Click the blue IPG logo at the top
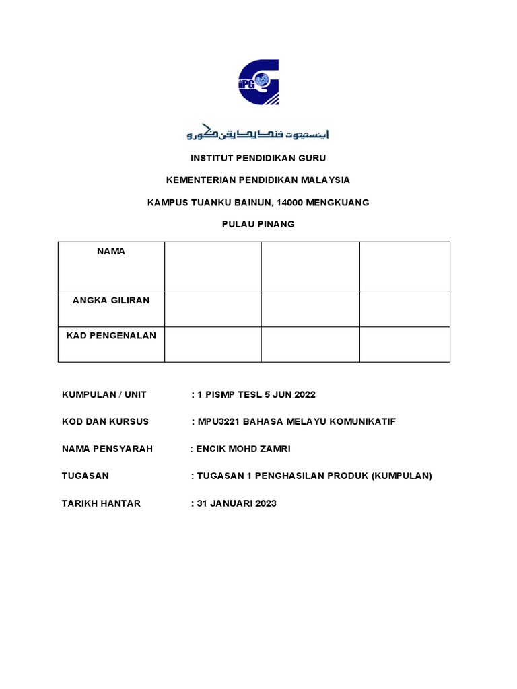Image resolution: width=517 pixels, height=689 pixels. (258, 82)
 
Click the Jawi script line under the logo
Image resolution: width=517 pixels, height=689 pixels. (258, 133)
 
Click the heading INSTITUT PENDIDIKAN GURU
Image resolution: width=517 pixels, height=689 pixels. (258, 158)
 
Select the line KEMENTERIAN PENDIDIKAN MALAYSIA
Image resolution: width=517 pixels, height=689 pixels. (258, 180)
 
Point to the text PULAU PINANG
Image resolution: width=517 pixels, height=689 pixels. (258, 224)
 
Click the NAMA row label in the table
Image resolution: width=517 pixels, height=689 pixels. (111, 252)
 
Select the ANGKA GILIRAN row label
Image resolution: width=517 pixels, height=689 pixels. (111, 301)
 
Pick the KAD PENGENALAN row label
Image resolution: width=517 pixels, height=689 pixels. (111, 336)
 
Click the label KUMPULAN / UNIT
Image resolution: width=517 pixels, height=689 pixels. (104, 394)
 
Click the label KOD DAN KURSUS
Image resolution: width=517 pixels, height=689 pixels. (105, 422)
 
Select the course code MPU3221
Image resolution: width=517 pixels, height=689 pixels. (218, 422)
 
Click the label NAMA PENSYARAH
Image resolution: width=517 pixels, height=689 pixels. (107, 449)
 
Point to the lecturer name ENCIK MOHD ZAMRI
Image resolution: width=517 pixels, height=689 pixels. (243, 449)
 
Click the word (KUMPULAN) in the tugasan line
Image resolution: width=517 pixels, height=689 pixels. (400, 476)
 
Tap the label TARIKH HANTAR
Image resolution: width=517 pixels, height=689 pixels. (101, 503)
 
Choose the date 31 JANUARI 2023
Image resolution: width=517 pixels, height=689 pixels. (236, 503)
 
